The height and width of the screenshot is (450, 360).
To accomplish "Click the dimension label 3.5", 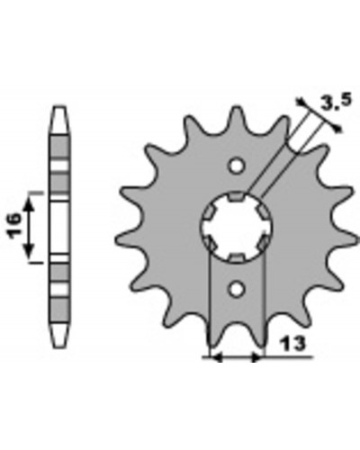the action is [336, 102].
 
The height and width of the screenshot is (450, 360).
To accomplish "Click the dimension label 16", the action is [15, 226].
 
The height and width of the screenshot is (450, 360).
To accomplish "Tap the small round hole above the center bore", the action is [237, 166].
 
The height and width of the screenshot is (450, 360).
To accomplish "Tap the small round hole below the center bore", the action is [237, 289].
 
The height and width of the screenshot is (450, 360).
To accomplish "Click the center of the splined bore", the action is [237, 227].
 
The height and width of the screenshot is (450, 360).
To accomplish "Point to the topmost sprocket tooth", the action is [237, 115].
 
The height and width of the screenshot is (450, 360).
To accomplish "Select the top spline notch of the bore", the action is [237, 196].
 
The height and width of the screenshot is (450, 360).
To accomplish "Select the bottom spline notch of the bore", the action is [237, 257].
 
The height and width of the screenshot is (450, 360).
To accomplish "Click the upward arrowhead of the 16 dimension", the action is [29, 203].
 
